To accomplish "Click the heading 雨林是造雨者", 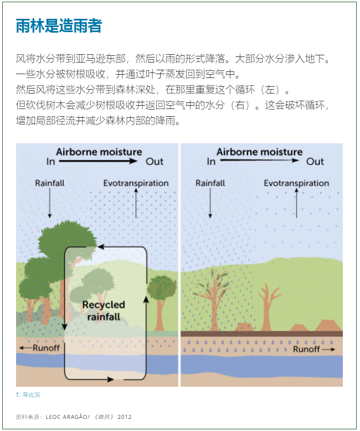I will tap(59, 25).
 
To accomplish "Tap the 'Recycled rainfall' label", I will tap(104, 310).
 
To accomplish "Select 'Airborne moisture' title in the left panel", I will tap(99, 152).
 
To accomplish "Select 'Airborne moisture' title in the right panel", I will tap(259, 152).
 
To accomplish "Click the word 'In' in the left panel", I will tap(51, 162).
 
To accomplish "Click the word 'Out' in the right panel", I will tap(315, 162).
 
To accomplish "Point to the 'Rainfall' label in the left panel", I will tap(49, 183).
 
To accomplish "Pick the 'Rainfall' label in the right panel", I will tap(210, 183).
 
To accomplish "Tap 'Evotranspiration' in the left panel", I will tap(136, 183).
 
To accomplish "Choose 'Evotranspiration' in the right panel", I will tap(296, 183).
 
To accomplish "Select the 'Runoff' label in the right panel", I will tap(306, 350).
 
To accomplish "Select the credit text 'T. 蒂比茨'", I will tap(28, 395).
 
